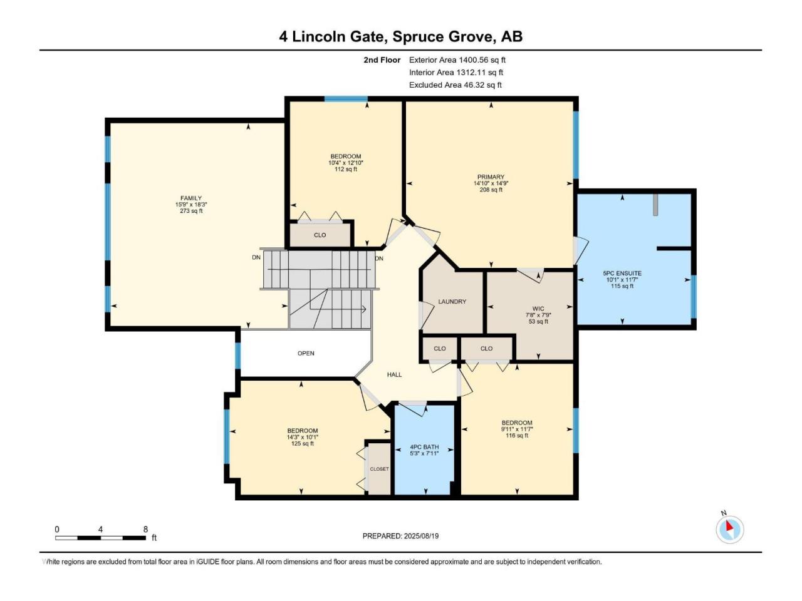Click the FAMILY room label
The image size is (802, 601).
190,198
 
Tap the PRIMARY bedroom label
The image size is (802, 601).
491,177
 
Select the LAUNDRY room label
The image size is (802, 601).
452,301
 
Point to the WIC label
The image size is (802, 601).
538,309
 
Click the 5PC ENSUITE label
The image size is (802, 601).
622,274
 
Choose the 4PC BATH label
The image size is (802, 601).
424,447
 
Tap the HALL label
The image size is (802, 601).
394,374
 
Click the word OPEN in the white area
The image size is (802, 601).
306,353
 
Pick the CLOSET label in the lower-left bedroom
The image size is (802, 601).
379,469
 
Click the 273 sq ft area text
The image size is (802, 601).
191,211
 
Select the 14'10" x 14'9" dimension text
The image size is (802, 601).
491,183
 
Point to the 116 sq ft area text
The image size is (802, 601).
517,435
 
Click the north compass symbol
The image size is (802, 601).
730,530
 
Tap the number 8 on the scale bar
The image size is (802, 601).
145,529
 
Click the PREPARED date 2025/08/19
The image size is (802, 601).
421,536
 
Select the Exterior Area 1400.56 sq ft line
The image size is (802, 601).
457,60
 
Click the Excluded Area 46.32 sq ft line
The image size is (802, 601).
456,85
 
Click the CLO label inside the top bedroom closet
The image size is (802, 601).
320,235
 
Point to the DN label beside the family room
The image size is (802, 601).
256,257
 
